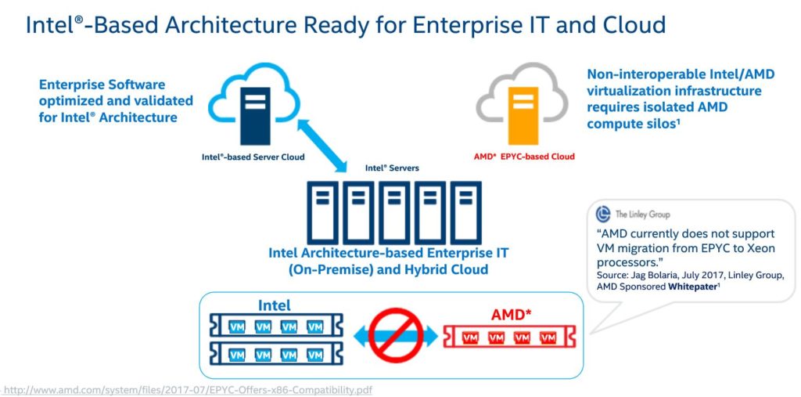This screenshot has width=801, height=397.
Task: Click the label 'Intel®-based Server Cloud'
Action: pyautogui.click(x=253, y=157)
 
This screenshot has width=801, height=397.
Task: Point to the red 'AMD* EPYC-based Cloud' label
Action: pyautogui.click(x=524, y=157)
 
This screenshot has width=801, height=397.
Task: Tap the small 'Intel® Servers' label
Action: pyautogui.click(x=392, y=168)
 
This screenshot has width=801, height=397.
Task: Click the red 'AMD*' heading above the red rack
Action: pyautogui.click(x=509, y=315)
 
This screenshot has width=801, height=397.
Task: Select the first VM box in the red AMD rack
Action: pyautogui.click(x=471, y=338)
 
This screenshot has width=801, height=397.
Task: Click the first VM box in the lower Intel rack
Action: pyautogui.click(x=235, y=355)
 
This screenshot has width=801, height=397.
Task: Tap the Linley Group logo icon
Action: pyautogui.click(x=603, y=214)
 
